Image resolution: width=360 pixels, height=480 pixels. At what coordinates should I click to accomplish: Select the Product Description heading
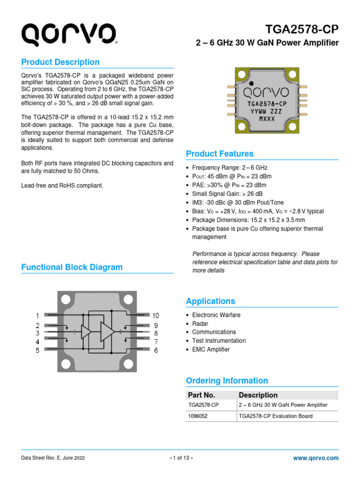[60, 62]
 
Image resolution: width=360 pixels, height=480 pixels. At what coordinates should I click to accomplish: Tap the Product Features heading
[219, 154]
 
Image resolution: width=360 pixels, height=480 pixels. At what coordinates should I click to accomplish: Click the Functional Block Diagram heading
[72, 267]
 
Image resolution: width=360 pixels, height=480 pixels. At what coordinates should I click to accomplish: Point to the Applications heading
[210, 301]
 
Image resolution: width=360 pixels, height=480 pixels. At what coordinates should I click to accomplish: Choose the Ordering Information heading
[227, 381]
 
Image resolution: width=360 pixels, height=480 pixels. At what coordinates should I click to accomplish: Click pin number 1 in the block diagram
[37, 315]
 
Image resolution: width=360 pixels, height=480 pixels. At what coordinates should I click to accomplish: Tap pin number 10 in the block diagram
[155, 315]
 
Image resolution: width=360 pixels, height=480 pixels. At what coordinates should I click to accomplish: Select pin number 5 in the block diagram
[37, 350]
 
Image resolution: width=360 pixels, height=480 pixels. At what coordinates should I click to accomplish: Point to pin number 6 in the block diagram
[156, 350]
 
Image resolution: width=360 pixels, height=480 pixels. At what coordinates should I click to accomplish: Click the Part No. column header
[201, 395]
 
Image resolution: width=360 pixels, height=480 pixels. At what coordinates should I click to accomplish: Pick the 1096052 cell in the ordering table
[199, 416]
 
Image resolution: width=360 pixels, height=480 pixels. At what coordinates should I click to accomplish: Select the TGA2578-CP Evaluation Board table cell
[276, 416]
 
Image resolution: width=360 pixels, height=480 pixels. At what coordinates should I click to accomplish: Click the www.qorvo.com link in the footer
[315, 458]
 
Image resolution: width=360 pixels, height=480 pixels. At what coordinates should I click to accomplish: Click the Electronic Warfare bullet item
[216, 315]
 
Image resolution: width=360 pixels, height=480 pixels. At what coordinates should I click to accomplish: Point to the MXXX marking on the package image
[267, 119]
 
